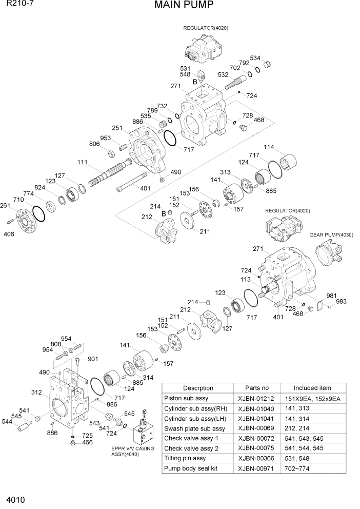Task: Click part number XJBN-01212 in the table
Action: (257, 399)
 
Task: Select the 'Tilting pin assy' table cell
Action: (185, 458)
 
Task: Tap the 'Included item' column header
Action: (312, 388)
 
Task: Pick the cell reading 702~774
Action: (297, 468)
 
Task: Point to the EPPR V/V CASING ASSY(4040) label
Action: (132, 452)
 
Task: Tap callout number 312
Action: (36, 393)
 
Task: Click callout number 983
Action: (341, 301)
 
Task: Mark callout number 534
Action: (255, 58)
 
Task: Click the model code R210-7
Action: (14, 5)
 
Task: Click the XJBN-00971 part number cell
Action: (257, 468)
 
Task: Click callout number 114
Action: (269, 147)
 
